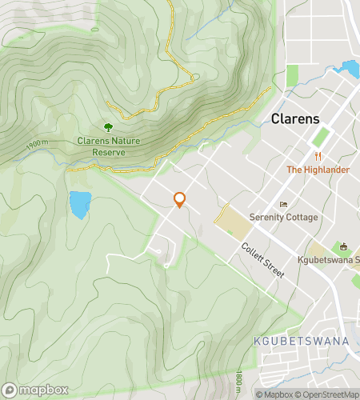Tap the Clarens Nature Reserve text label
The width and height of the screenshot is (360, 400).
pyautogui.click(x=108, y=146)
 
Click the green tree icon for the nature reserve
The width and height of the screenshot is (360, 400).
pyautogui.click(x=108, y=127)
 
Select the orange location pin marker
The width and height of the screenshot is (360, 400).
pyautogui.click(x=180, y=200)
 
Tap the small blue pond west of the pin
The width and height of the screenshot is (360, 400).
pyautogui.click(x=79, y=205)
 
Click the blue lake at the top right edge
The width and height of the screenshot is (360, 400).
pyautogui.click(x=349, y=70)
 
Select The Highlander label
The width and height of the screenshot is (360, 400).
pyautogui.click(x=318, y=170)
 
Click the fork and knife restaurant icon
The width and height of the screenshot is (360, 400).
pyautogui.click(x=318, y=156)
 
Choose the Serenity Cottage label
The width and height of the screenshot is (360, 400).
pyautogui.click(x=282, y=218)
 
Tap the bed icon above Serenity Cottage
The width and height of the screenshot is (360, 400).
pyautogui.click(x=282, y=205)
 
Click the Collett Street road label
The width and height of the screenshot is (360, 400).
pyautogui.click(x=263, y=261)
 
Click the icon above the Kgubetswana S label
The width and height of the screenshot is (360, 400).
pyautogui.click(x=345, y=246)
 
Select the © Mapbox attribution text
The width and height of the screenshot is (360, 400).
pyautogui.click(x=275, y=394)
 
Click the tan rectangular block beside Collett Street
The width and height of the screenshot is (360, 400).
pyautogui.click(x=232, y=219)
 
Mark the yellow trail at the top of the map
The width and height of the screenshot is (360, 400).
pyautogui.click(x=170, y=24)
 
